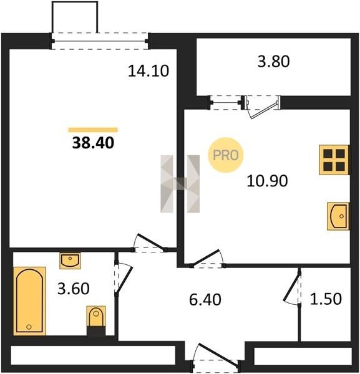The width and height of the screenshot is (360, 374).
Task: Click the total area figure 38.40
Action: pyautogui.click(x=93, y=143)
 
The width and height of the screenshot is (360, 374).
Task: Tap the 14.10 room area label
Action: pyautogui.click(x=148, y=71)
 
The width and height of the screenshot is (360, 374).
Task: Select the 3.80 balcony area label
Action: pyautogui.click(x=273, y=61)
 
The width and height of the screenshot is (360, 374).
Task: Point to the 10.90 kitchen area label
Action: pyautogui.click(x=267, y=181)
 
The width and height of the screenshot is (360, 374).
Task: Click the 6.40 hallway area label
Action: pyautogui.click(x=205, y=300)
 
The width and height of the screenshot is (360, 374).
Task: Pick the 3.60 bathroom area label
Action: pyautogui.click(x=74, y=289)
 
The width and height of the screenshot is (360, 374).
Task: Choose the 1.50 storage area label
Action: pyautogui.click(x=326, y=299)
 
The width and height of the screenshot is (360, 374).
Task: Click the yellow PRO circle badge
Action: pyautogui.click(x=226, y=155)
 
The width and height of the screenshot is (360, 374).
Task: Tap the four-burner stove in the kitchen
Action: pyautogui.click(x=334, y=160)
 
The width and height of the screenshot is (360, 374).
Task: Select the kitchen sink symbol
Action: pyautogui.click(x=338, y=216)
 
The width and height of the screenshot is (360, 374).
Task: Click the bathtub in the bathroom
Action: pyautogui.click(x=29, y=301)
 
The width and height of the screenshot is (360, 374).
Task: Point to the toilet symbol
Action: pyautogui.click(x=96, y=320)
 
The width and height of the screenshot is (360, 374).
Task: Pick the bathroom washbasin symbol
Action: pyautogui.click(x=70, y=261)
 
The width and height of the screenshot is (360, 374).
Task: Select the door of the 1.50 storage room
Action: pyautogui.click(x=293, y=288)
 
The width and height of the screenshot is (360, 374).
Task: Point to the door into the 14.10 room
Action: pyautogui.click(x=149, y=244)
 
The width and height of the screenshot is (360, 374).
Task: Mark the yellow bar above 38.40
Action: pyautogui.click(x=93, y=130)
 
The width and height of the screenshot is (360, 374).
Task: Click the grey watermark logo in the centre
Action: pyautogui.click(x=180, y=184)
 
